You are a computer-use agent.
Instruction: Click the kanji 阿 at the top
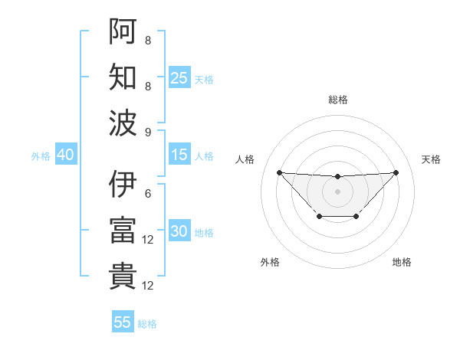[x=123, y=32]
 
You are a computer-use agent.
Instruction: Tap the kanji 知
[x=123, y=78]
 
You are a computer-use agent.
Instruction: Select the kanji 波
[x=123, y=123]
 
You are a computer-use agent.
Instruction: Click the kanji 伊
[x=123, y=185]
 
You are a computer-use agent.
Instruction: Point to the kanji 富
[x=123, y=231]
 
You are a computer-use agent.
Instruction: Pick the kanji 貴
[x=123, y=277]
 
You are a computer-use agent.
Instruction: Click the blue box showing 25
[x=179, y=78]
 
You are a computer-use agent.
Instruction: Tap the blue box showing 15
[x=179, y=155]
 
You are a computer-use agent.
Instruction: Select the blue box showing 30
[x=179, y=232]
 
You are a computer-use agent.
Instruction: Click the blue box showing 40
[x=65, y=155]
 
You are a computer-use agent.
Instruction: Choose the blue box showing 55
[x=123, y=322]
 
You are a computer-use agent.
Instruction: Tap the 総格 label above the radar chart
[x=337, y=100]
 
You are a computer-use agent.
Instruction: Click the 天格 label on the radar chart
[x=431, y=159]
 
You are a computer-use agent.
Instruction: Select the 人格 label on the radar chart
[x=245, y=159]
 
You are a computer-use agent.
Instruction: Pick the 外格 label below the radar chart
[x=270, y=262]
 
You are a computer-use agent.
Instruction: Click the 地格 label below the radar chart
[x=402, y=262]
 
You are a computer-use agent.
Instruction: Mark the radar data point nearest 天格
[x=396, y=172]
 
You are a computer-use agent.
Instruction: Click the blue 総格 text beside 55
[x=147, y=323]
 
